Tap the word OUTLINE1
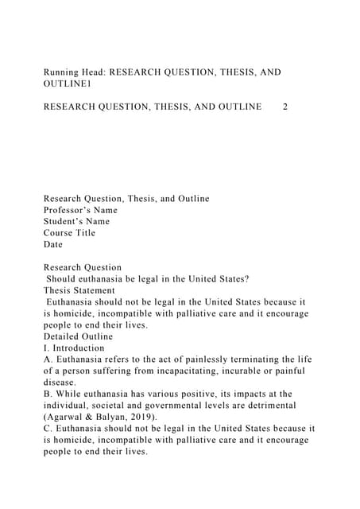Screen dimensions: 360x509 [69, 84]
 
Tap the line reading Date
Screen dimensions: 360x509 [52, 244]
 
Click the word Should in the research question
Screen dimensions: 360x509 [63, 279]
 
